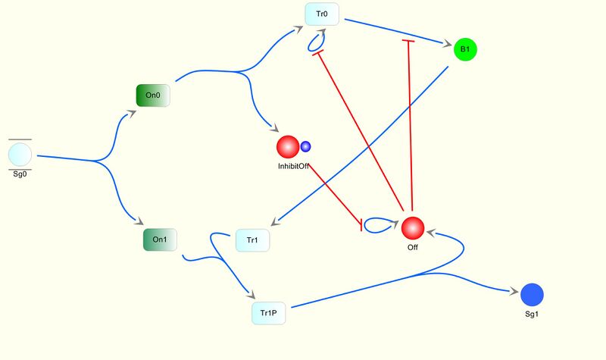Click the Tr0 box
coord(322,14)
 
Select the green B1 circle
coord(465,49)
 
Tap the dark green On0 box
coord(153,95)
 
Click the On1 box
coord(160,239)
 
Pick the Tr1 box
coord(252,240)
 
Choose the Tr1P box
coord(269,313)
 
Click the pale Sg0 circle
coord(20,155)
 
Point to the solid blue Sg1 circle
coord(533,295)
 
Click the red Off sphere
coord(413,228)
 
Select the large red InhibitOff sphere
coord(288,147)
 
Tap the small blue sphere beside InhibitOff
coord(305,146)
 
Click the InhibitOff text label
coord(293,166)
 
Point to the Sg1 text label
coord(532,315)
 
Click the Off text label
coord(413,248)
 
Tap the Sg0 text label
coord(20,174)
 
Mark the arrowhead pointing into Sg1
coord(514,292)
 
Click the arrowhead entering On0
coord(131,114)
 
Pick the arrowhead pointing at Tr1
coord(275,221)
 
